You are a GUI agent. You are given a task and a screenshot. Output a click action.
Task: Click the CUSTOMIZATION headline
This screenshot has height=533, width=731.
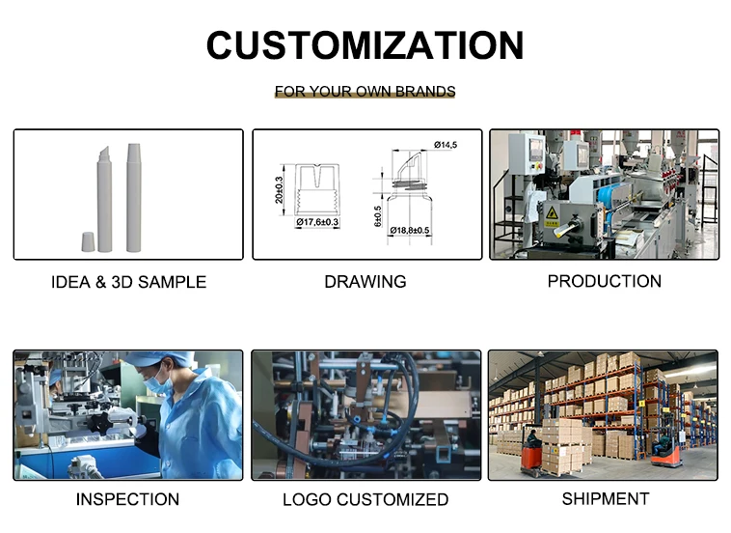point(365,45)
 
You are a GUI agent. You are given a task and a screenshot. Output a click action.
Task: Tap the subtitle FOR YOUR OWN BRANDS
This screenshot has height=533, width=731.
point(365,92)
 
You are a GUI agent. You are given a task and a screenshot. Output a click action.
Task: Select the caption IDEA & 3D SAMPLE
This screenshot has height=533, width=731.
point(128,283)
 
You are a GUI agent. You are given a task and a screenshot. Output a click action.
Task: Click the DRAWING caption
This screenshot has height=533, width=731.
point(365,282)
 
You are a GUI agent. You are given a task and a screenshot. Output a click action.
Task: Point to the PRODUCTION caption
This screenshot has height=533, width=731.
point(604,281)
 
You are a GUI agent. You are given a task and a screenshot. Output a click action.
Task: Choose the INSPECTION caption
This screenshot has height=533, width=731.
point(127,499)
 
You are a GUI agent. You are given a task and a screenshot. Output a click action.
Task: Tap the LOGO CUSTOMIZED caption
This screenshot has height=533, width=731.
point(365,500)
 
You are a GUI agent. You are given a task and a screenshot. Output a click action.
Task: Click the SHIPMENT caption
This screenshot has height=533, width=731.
point(605,498)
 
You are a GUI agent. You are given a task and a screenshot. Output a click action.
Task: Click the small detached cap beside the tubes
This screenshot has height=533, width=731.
point(88,240)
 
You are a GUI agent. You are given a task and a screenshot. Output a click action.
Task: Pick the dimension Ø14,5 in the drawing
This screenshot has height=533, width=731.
point(445,145)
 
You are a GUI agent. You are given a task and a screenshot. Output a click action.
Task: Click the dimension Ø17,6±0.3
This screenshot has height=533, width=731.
point(317,223)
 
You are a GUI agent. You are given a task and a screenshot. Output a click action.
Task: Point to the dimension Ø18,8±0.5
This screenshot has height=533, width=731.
point(410,230)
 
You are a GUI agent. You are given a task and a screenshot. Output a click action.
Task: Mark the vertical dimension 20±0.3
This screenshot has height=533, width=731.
point(280,189)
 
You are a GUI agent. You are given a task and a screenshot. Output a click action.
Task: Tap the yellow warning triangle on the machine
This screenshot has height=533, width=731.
point(552,212)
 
